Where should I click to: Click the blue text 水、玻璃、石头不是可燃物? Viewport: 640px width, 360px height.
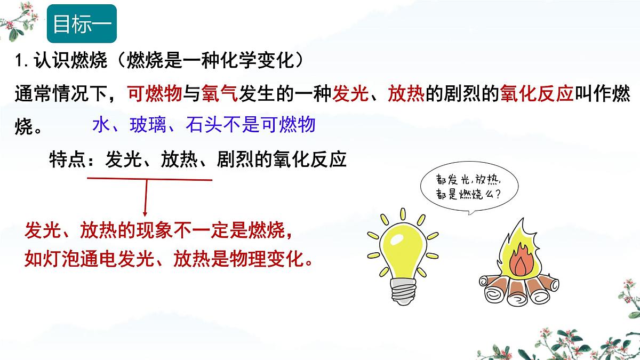(204, 125)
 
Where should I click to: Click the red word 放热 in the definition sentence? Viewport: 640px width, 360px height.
(406, 94)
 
